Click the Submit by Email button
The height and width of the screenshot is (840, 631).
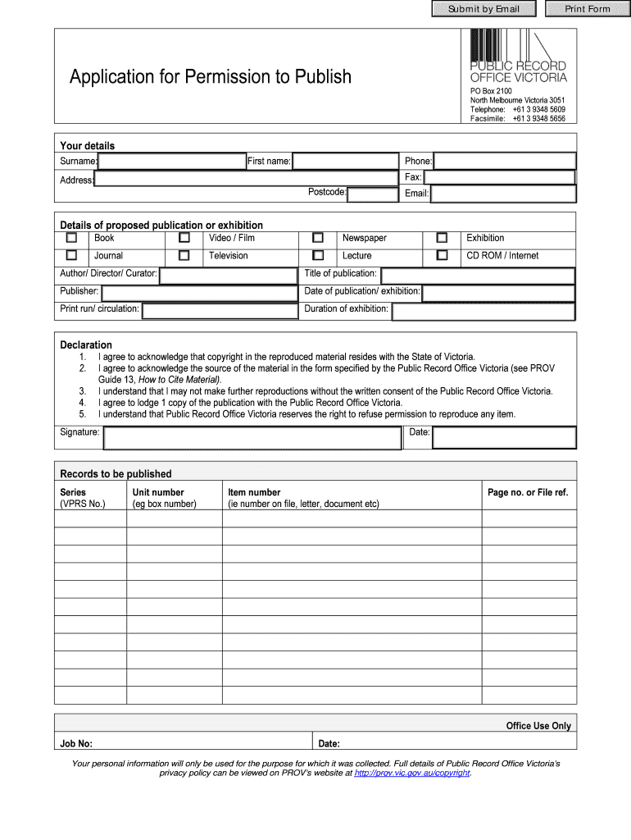(x=483, y=9)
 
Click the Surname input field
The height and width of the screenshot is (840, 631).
(x=172, y=161)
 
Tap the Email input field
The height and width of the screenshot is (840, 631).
(x=503, y=194)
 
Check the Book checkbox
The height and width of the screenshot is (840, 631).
(x=71, y=238)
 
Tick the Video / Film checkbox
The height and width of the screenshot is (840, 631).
(x=184, y=238)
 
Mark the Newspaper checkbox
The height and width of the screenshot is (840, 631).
(x=318, y=238)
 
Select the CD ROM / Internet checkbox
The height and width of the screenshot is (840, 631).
(x=442, y=256)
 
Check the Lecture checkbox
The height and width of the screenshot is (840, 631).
(x=318, y=256)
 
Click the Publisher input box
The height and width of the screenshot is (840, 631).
(x=199, y=293)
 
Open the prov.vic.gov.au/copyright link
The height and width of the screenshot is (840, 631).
(x=412, y=773)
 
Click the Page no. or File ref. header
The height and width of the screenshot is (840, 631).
(x=527, y=492)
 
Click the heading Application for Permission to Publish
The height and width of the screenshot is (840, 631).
(x=211, y=77)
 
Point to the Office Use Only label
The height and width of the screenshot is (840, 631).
(x=538, y=726)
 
